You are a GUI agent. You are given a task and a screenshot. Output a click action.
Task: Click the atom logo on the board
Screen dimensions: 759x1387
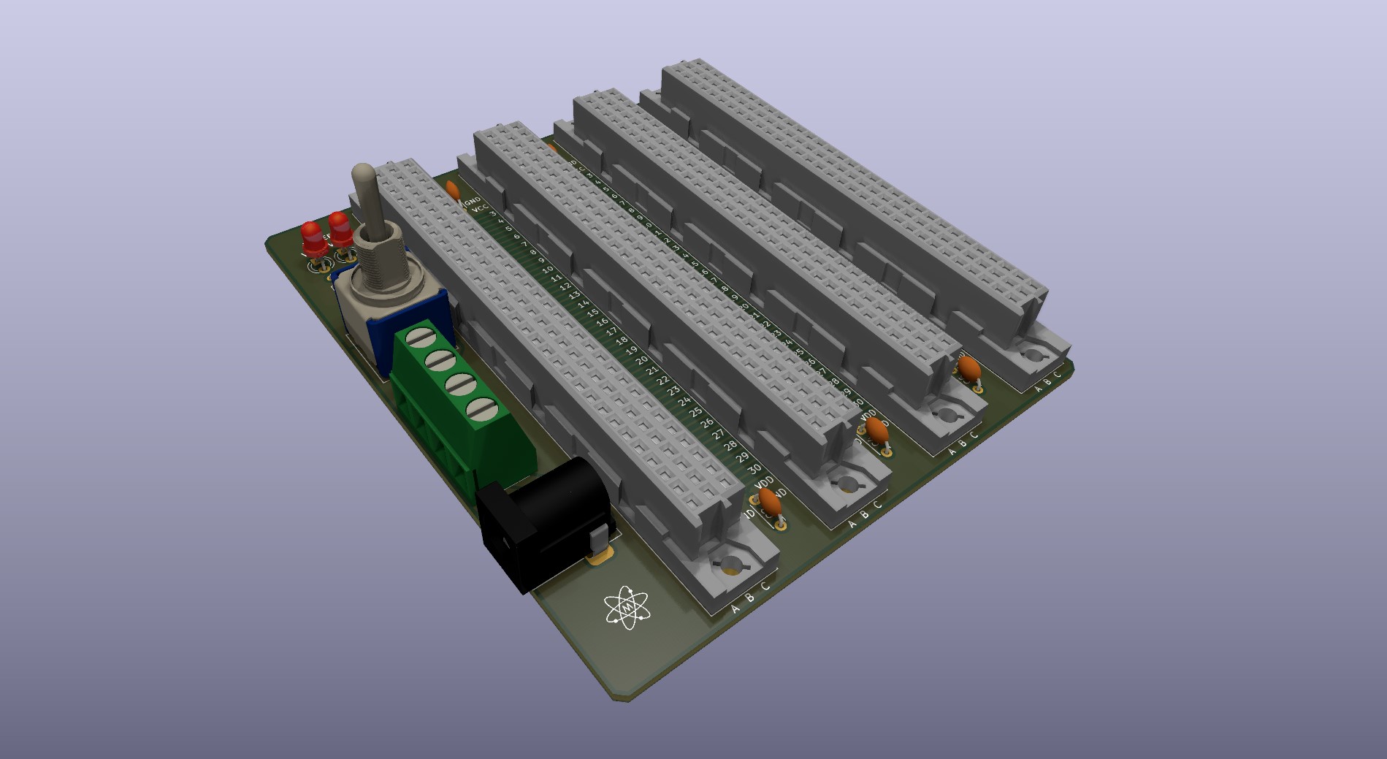[627, 606]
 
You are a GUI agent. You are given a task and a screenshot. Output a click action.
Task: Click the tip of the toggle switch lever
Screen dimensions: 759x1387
[362, 175]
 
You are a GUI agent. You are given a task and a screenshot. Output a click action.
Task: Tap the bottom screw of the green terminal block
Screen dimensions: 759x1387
[481, 408]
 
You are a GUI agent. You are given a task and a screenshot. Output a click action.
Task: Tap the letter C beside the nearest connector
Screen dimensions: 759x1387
[765, 586]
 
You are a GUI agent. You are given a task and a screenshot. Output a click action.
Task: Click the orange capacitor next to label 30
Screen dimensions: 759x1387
[768, 502]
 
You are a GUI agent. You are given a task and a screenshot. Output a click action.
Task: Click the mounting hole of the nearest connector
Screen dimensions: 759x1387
[731, 562]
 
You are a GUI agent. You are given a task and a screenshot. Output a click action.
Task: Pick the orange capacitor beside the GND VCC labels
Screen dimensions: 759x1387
[453, 191]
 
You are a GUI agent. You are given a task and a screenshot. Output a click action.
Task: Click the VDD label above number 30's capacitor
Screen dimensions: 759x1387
[764, 483]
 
